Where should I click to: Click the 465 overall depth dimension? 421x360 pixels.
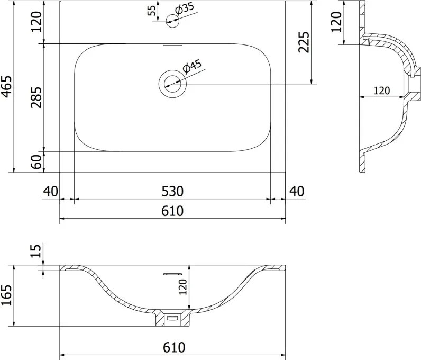pos(6,86)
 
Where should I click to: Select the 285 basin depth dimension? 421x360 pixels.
pos(36,97)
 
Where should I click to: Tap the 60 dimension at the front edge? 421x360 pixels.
pos(36,162)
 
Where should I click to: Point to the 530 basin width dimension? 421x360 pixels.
pos(172,192)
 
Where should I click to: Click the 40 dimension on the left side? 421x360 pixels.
pos(51,192)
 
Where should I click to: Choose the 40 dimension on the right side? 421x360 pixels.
pos(297,192)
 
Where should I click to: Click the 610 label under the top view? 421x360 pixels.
pos(172,211)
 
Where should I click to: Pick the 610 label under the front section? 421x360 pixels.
pos(174,347)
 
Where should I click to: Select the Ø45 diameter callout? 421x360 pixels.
pos(192,67)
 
